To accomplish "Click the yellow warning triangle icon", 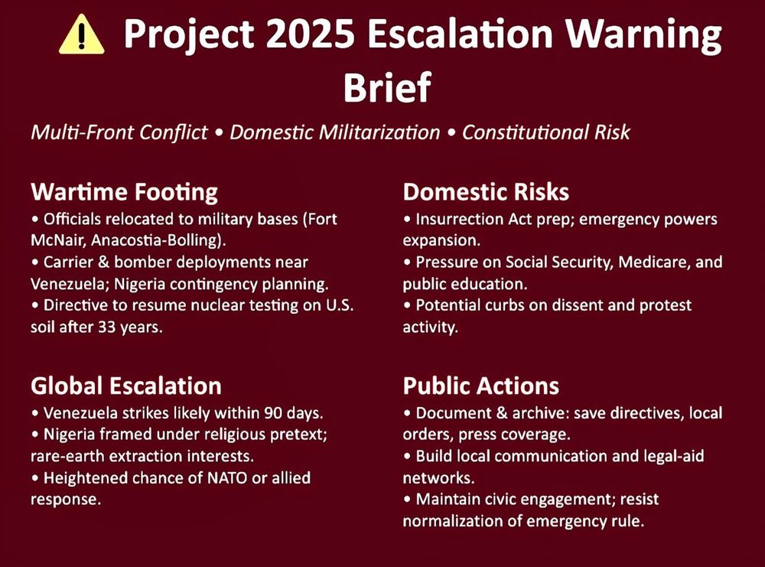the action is coord(82,34).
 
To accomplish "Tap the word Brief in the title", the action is coord(387,87).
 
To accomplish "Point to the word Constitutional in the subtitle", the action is coord(525,132).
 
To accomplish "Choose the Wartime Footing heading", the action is coord(124,192).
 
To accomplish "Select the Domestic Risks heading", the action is coord(486,192).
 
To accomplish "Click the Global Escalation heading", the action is coord(126,386).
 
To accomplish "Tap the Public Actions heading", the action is coord(481,386).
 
